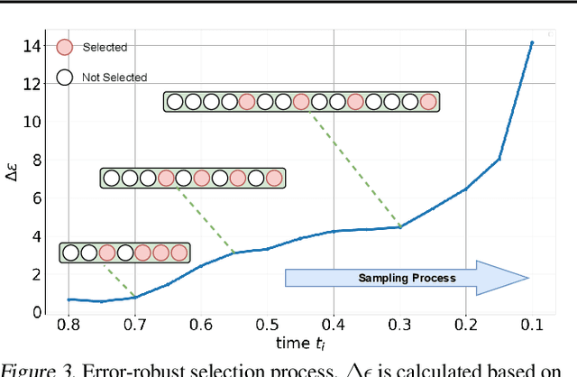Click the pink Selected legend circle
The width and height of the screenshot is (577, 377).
click(64, 48)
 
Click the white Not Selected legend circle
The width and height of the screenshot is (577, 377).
click(64, 78)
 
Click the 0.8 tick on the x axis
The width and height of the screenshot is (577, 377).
click(69, 325)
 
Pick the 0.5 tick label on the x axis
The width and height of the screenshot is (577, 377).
click(267, 325)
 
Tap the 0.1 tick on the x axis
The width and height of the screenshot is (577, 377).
click(532, 325)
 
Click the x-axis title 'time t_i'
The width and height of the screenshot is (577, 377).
click(300, 344)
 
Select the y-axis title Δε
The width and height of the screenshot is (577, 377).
click(13, 177)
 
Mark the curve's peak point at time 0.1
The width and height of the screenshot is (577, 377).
click(532, 42)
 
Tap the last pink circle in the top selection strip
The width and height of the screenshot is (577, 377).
click(428, 102)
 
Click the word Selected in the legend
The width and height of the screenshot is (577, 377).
click(105, 48)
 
